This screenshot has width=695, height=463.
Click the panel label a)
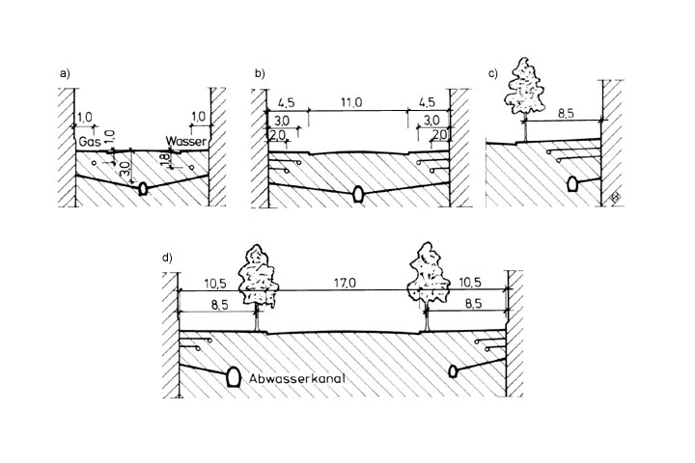(64, 73)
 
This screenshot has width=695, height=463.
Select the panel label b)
(258, 73)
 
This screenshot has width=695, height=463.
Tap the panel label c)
(493, 73)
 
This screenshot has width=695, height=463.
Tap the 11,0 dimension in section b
(356, 100)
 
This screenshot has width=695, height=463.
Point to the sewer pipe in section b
(357, 194)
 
